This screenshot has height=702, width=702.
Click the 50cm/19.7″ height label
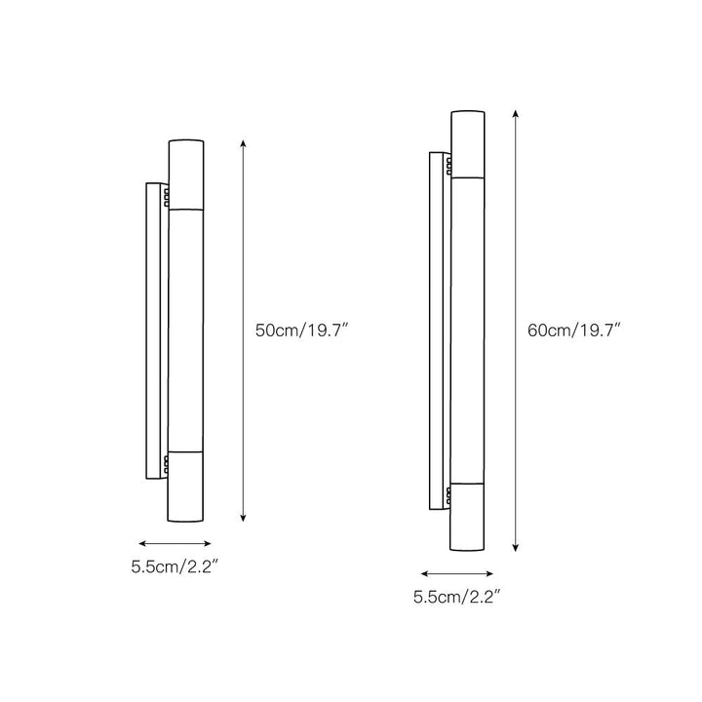coord(301,331)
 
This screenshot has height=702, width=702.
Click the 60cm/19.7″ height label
coord(574,331)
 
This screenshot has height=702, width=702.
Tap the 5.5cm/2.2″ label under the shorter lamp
coord(175,566)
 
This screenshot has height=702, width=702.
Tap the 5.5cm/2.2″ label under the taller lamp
coord(456,597)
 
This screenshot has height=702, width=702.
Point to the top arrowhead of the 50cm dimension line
coord(243,143)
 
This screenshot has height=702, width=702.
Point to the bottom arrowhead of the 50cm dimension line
coord(243,518)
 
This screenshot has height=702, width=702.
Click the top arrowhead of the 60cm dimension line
coord(516,114)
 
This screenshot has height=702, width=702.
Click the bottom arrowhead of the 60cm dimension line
coord(516,547)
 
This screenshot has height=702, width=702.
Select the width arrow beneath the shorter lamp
coord(175,544)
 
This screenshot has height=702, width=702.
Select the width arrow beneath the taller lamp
coord(456,573)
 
